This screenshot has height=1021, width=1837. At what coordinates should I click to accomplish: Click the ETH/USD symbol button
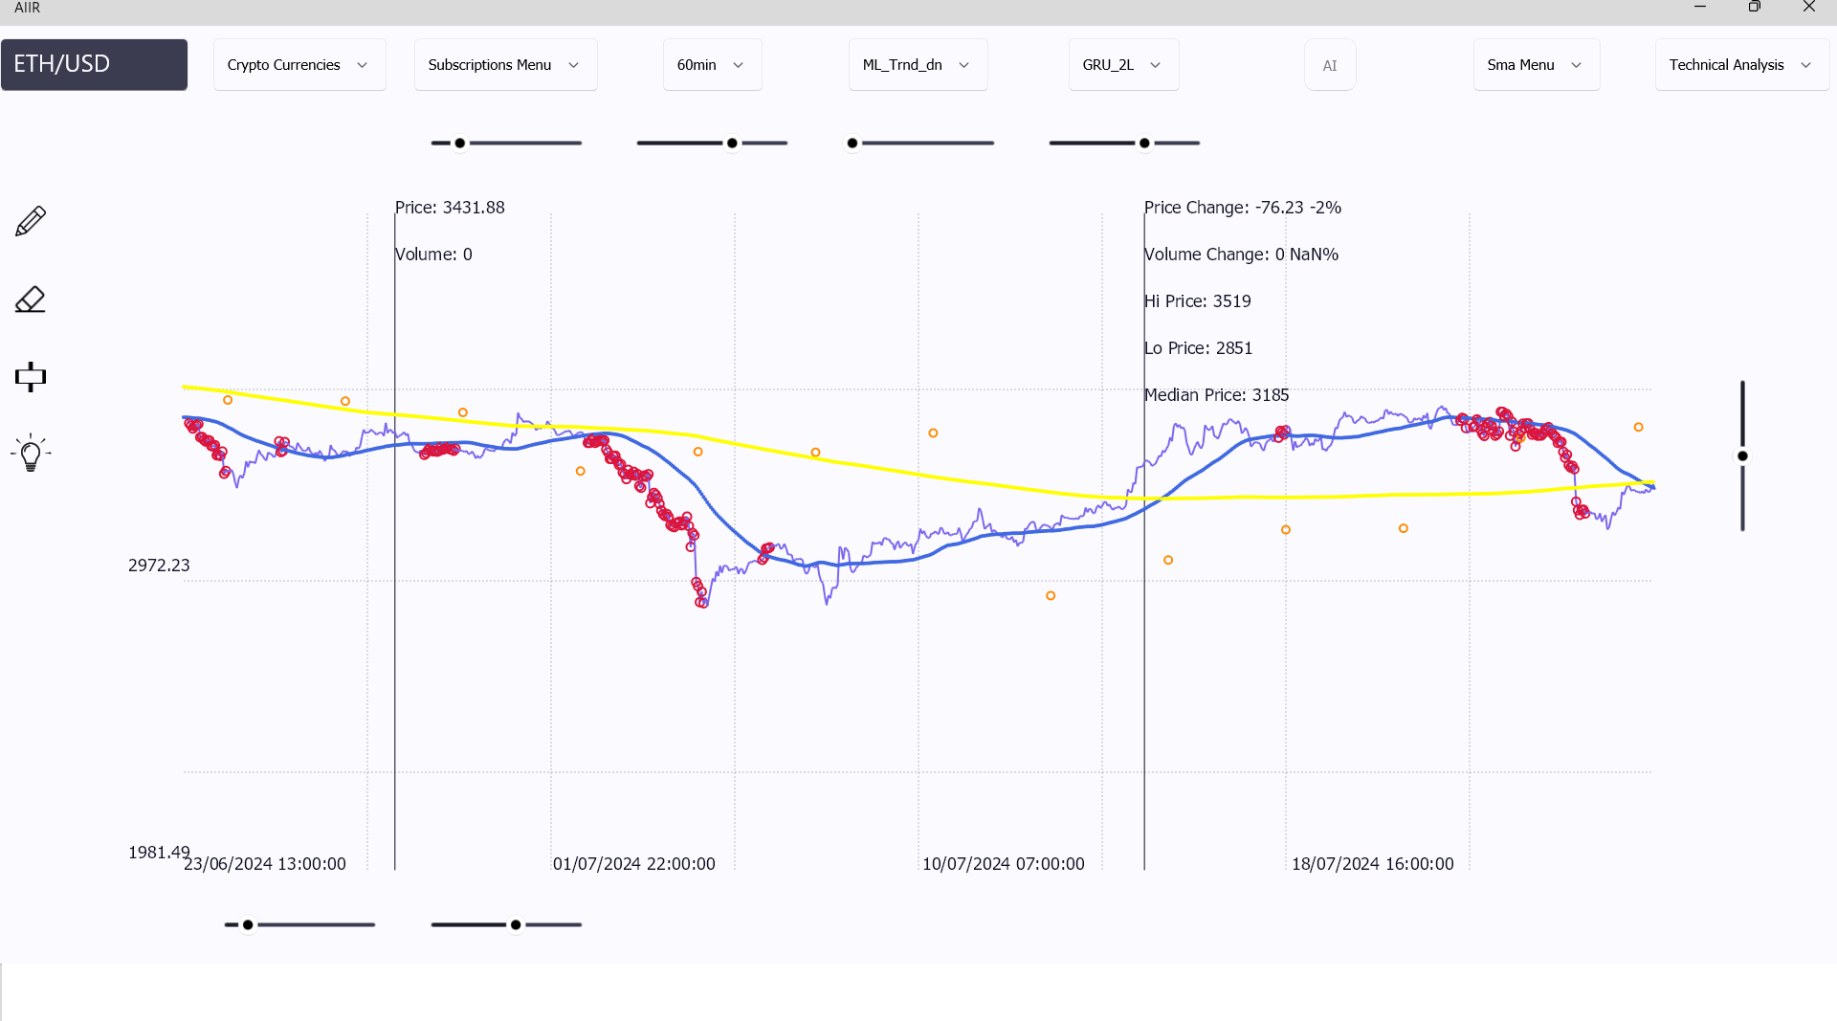click(x=94, y=64)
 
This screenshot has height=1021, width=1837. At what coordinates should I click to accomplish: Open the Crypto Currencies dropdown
click(x=299, y=65)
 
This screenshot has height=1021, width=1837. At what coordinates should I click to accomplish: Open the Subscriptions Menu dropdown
click(x=505, y=65)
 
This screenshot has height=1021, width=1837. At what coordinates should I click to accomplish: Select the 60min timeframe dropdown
click(x=712, y=65)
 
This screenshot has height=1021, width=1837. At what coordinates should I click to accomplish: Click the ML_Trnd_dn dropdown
click(x=917, y=65)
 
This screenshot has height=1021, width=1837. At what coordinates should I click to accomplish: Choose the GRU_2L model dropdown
click(x=1122, y=65)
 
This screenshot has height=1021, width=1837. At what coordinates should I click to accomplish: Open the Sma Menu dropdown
click(x=1536, y=65)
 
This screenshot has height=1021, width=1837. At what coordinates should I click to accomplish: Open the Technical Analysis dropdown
click(x=1741, y=65)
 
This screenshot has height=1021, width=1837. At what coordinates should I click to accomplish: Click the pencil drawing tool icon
click(x=31, y=221)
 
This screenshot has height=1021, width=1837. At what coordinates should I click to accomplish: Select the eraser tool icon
click(x=31, y=300)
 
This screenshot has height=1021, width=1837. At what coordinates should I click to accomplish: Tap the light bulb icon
click(x=31, y=454)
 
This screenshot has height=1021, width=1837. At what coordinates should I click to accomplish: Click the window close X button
click(x=1808, y=7)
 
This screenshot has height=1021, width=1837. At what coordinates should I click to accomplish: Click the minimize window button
click(x=1700, y=7)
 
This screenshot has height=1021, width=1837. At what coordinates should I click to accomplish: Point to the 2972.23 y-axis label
click(x=159, y=566)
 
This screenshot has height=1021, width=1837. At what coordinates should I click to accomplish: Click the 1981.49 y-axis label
click(x=159, y=853)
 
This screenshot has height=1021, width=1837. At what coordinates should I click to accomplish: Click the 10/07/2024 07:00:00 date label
click(x=1003, y=864)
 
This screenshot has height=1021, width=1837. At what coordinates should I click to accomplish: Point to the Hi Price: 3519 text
click(x=1197, y=301)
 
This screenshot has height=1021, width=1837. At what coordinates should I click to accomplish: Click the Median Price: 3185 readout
click(x=1216, y=395)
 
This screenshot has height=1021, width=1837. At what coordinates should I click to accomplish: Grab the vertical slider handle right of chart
click(x=1742, y=456)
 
